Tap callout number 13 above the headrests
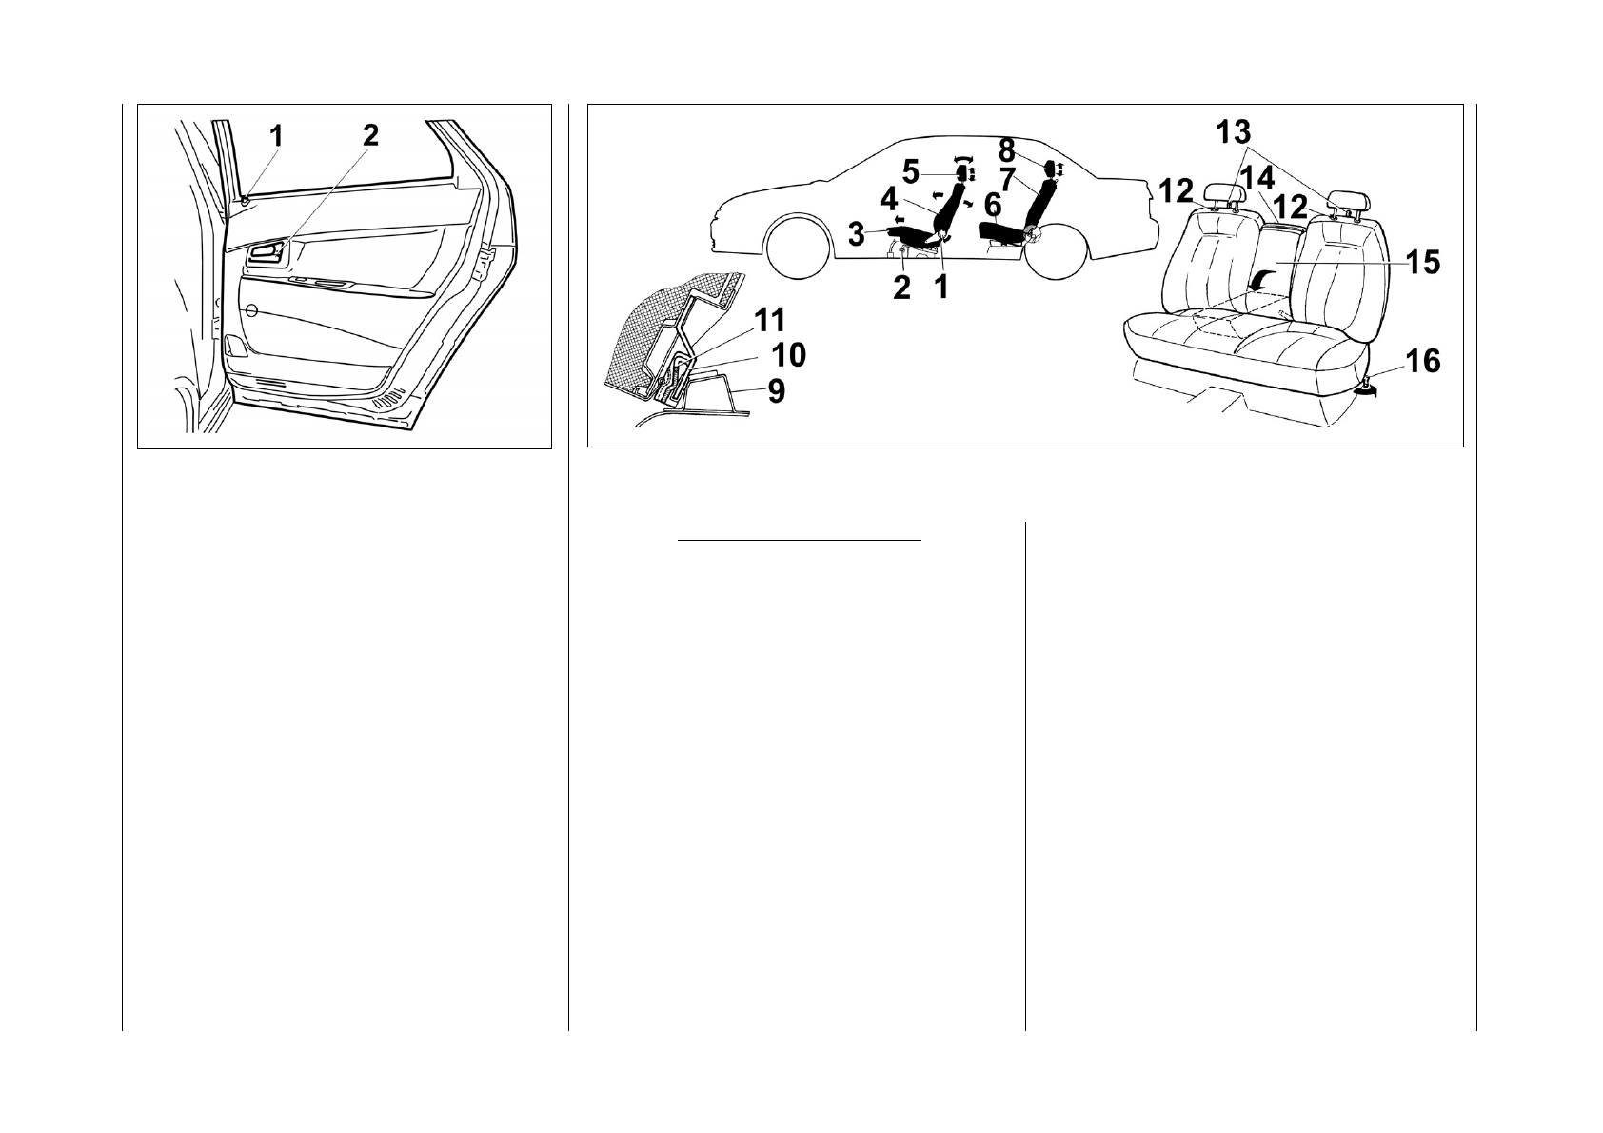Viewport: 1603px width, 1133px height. coord(1241,131)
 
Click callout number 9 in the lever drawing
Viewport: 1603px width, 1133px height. coord(777,391)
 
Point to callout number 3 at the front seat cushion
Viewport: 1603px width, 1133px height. coord(856,233)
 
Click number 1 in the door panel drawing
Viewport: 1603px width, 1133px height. coord(274,137)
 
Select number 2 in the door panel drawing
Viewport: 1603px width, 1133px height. coord(369,135)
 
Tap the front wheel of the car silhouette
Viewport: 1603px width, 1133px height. coord(800,249)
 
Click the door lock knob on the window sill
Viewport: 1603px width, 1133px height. coord(246,202)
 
